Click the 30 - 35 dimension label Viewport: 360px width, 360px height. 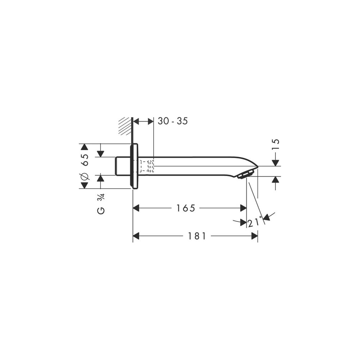click(173, 121)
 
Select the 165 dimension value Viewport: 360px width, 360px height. click(185, 208)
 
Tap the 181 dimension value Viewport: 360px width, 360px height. click(197, 236)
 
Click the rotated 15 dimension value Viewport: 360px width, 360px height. click(275, 144)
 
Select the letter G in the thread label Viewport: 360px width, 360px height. click(101, 211)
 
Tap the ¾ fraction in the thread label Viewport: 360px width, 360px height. click(101, 197)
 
